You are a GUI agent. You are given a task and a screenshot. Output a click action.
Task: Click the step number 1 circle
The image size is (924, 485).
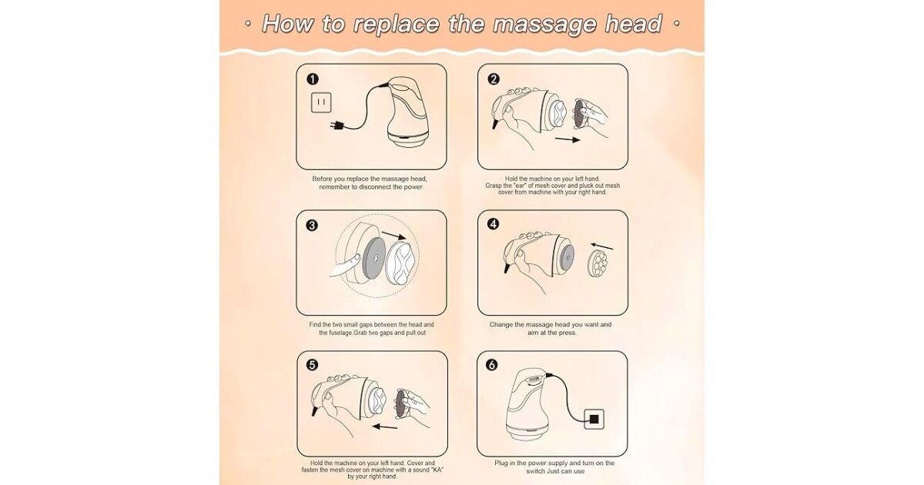(x=313, y=79)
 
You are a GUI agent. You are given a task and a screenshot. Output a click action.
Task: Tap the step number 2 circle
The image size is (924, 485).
(x=494, y=79)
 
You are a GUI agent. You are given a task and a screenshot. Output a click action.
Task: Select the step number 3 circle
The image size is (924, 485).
(x=312, y=225)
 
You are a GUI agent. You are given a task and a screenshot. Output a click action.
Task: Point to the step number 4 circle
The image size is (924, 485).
(x=493, y=224)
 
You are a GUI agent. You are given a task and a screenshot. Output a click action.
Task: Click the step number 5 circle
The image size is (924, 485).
(x=313, y=365)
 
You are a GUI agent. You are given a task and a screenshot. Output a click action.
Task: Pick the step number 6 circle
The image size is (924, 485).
(x=491, y=365)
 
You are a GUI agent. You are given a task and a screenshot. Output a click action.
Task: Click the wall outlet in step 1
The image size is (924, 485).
(x=321, y=102)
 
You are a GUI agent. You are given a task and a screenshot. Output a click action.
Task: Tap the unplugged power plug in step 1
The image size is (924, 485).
(x=336, y=125)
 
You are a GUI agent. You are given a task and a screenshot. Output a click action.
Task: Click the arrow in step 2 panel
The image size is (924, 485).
(x=567, y=139)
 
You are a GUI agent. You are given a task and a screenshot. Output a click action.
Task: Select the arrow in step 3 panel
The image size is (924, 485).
(x=394, y=236)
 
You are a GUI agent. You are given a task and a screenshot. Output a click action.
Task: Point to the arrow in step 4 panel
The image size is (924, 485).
(x=602, y=246)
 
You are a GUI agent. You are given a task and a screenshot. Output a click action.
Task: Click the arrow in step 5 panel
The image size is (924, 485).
(x=385, y=426)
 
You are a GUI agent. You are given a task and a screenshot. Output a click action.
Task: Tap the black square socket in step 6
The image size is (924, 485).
(x=594, y=419)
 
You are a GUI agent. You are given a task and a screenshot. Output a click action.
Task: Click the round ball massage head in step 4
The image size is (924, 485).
(x=598, y=263)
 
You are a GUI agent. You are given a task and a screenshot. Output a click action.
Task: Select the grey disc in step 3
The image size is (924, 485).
(x=373, y=258)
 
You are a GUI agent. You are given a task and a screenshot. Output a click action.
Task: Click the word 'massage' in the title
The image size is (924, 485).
(x=544, y=24)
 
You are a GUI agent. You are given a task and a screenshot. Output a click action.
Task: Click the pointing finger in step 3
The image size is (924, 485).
(x=345, y=264)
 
